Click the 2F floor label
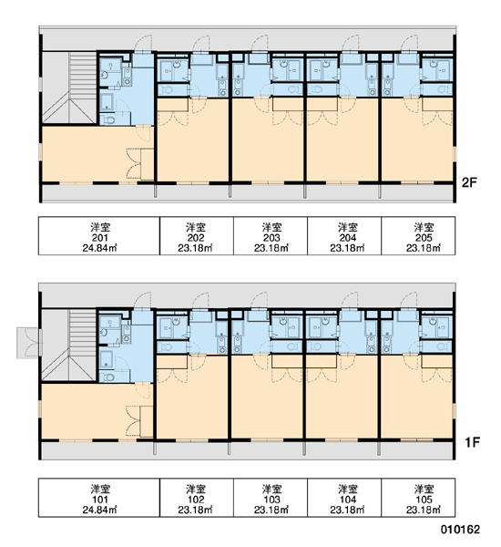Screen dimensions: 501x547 pyautogui.click(x=469, y=182)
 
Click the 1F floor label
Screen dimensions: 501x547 pyautogui.click(x=472, y=443)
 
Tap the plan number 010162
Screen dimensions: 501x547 pyautogui.click(x=460, y=529)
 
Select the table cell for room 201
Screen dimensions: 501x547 pyautogui.click(x=99, y=236)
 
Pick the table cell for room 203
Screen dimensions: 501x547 pyautogui.click(x=271, y=236)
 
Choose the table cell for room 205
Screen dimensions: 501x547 pyautogui.click(x=418, y=236)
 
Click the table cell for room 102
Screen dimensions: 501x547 pyautogui.click(x=197, y=498)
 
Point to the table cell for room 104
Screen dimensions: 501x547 pyautogui.click(x=344, y=498)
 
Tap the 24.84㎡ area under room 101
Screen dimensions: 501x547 pyautogui.click(x=99, y=510)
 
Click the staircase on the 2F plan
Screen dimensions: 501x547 pyautogui.click(x=69, y=88)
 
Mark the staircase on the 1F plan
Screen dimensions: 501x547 pyautogui.click(x=69, y=345)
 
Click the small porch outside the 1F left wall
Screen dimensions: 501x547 pyautogui.click(x=27, y=343)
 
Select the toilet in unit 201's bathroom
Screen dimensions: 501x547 pyautogui.click(x=109, y=120)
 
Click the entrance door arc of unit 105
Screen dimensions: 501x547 pyautogui.click(x=409, y=301)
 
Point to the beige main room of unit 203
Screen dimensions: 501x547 pyautogui.click(x=268, y=147)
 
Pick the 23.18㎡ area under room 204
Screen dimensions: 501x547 pyautogui.click(x=347, y=248)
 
